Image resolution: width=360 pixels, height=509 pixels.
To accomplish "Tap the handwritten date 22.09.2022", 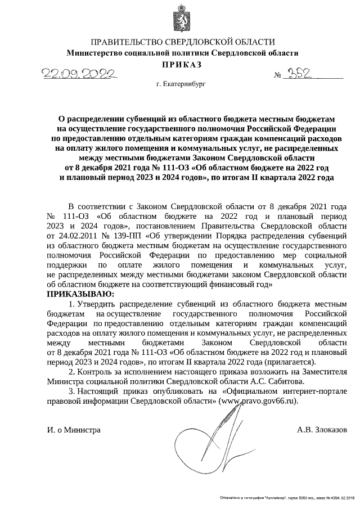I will [78, 74].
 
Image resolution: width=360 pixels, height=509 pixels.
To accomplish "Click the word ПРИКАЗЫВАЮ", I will [80, 294].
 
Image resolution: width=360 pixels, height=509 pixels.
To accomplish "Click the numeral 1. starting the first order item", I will [71, 304].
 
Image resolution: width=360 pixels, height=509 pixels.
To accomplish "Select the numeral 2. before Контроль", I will [71, 371].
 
